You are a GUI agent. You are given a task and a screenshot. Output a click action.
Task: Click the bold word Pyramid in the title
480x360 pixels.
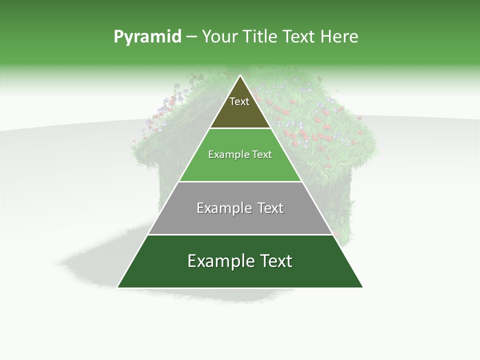pyautogui.click(x=147, y=37)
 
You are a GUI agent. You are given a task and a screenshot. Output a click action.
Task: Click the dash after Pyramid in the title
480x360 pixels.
pyautogui.click(x=191, y=37)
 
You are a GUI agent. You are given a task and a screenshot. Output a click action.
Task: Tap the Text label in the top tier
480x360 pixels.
pyautogui.click(x=239, y=101)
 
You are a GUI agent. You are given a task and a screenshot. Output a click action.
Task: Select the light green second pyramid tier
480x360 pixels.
pyautogui.click(x=240, y=167)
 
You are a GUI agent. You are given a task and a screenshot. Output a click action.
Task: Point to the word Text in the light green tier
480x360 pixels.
pyautogui.click(x=262, y=155)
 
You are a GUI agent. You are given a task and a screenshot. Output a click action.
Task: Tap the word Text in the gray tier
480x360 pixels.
pyautogui.click(x=271, y=208)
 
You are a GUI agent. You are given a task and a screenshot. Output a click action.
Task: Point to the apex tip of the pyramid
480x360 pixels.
pyautogui.click(x=240, y=76)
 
